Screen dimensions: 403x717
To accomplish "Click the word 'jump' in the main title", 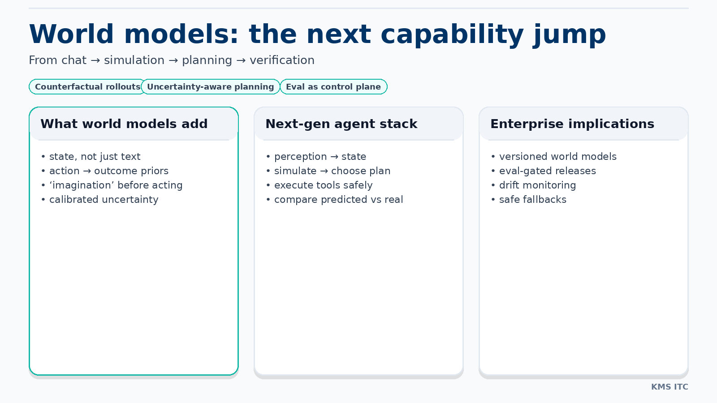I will coord(569,34).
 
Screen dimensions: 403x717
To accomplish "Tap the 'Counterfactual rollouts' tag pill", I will coord(87,87).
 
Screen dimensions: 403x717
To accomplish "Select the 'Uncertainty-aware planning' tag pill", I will coord(211,87).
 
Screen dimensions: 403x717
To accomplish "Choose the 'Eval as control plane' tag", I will coord(333,87).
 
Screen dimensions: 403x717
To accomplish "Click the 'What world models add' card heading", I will coord(124,124).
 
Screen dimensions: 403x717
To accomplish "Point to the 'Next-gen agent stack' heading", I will coord(341,124).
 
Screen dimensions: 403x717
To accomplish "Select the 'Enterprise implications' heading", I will coord(572,124).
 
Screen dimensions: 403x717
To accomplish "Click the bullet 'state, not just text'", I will coord(95,157).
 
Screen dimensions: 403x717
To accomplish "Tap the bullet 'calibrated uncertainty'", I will coord(104,200).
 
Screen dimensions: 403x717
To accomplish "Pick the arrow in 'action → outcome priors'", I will coord(87,171).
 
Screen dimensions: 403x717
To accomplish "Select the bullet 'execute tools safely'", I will coord(323,185).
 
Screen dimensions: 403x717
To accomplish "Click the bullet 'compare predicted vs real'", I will coord(338,200).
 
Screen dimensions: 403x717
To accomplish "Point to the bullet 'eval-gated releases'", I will coord(547,171).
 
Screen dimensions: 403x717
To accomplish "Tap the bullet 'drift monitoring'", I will coord(537,185).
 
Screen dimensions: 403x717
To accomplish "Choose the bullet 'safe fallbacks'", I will coord(532,200).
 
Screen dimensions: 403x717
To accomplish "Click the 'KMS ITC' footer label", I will coord(669,387).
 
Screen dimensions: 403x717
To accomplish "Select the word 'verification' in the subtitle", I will coord(282,60).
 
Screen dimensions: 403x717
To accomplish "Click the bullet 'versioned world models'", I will coord(557,157).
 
